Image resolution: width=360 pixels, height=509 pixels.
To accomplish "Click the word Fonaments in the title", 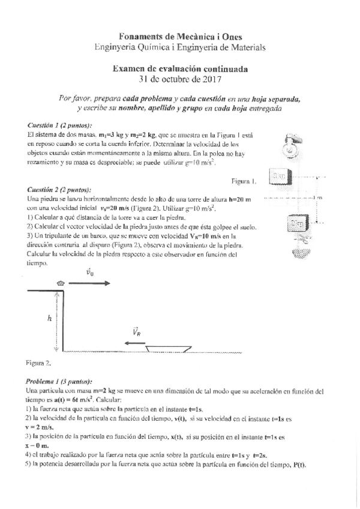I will point(142,37).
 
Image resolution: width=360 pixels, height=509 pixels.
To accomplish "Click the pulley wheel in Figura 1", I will point(296,145).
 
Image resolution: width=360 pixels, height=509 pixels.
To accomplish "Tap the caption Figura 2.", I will point(38,363).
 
